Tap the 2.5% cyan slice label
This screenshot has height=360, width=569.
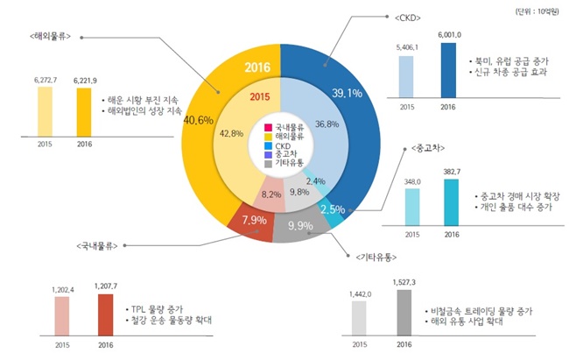click(334, 208)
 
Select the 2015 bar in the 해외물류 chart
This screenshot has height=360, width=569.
click(44, 110)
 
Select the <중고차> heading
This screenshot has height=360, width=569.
click(419, 146)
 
